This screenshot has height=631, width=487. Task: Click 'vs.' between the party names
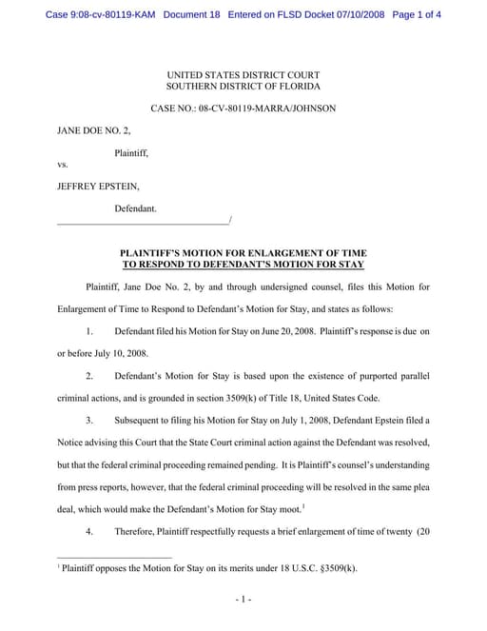64,166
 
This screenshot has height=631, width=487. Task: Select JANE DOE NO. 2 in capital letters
92,130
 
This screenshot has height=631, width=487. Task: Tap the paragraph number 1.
89,329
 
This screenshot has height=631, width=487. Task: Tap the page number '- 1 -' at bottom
243,600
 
